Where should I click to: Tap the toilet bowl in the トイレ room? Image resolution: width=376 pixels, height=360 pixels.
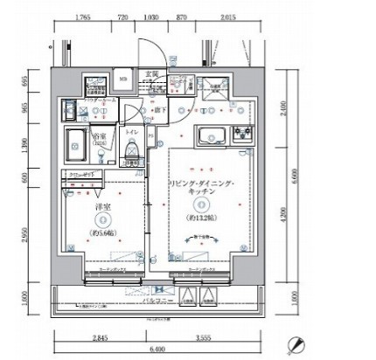pos(130,157)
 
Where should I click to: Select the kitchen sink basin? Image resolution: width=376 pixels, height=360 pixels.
pos(212,135)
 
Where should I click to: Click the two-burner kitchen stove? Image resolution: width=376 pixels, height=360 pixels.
pos(240,135)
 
